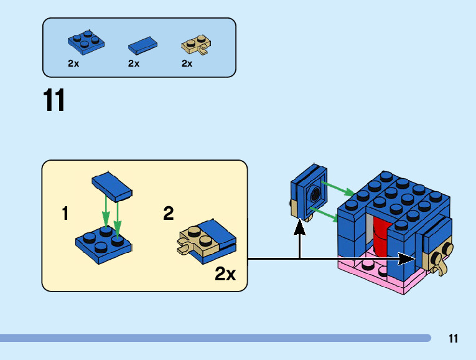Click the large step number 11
coord(54,101)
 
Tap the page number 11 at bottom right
coord(453,339)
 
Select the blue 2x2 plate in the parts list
coord(86,42)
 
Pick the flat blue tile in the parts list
coord(143,45)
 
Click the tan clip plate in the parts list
coord(196,44)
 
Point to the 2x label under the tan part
coord(187,64)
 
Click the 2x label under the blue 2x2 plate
coord(73,64)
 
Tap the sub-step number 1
coord(65,214)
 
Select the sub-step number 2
coord(169,214)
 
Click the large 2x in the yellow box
coord(225,274)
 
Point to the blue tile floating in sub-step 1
coord(111,186)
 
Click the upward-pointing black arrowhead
coord(300,225)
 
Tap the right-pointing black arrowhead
coord(407,258)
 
